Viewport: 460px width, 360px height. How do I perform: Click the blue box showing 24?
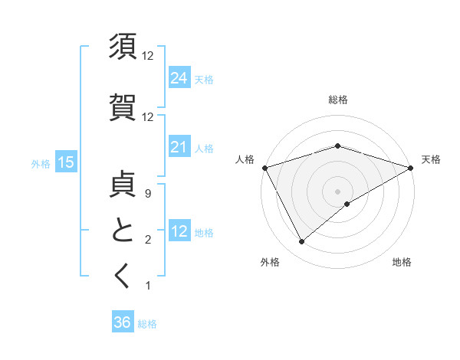point(179,77)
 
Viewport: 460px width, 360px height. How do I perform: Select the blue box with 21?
point(179,147)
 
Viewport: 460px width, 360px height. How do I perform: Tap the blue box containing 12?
point(179,231)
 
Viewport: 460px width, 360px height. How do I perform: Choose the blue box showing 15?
point(66,162)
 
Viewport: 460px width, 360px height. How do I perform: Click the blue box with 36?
point(122,322)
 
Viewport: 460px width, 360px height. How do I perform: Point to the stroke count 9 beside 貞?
point(147,195)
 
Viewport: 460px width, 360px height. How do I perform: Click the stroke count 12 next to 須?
point(148,56)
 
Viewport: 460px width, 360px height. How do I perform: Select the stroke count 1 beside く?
point(147,286)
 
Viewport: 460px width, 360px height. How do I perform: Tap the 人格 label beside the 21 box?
point(204,149)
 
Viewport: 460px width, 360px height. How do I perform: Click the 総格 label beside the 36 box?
point(147,324)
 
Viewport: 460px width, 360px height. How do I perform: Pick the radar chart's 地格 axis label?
point(402,263)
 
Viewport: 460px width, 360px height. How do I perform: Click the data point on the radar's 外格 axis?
point(301,242)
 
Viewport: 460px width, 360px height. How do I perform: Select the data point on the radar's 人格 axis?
point(264,167)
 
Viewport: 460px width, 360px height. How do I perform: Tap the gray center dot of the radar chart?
point(337,191)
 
